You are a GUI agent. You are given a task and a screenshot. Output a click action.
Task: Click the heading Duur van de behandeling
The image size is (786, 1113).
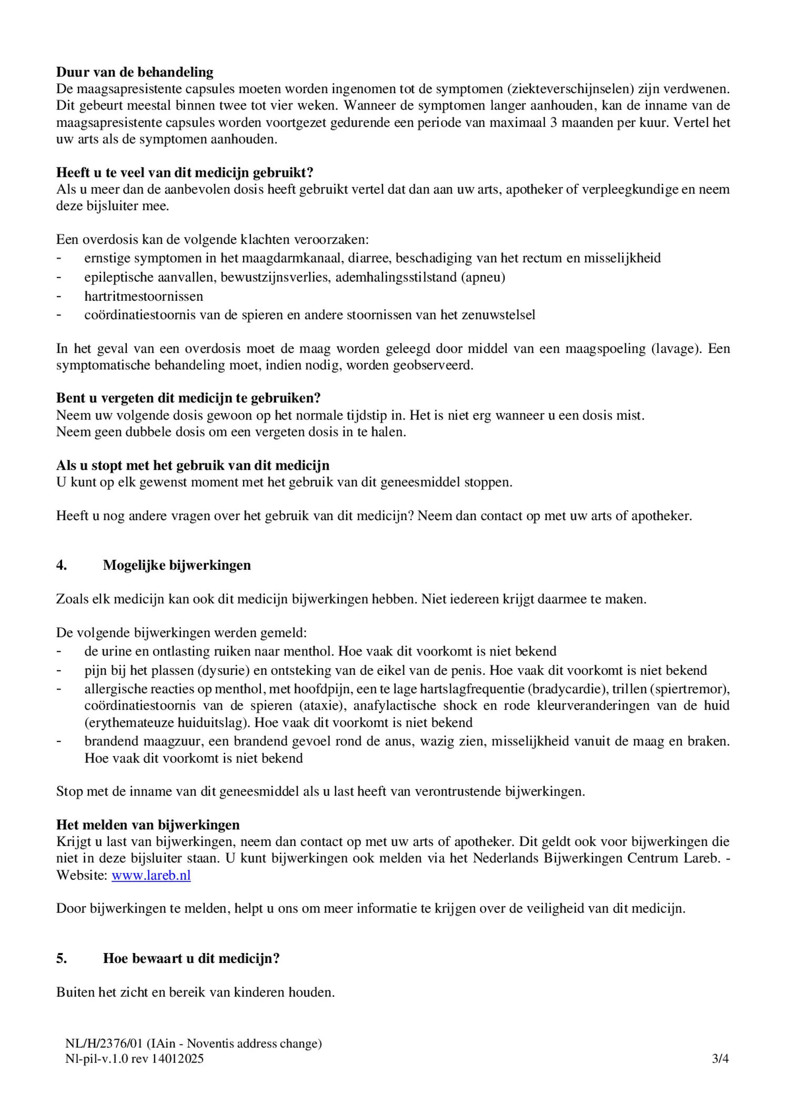pos(135,72)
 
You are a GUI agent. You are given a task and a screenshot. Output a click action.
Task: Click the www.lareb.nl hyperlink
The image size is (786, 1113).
pos(151,876)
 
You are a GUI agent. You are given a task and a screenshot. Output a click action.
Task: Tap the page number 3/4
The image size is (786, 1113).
pos(720,1058)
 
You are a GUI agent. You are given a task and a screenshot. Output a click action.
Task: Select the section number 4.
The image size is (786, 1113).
pos(62,565)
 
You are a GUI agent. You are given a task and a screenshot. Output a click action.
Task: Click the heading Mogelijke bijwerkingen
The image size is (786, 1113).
pos(177,565)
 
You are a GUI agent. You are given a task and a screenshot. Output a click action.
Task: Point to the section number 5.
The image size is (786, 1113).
pos(62,958)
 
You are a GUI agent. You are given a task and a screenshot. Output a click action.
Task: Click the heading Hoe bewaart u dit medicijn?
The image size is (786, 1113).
pos(191,958)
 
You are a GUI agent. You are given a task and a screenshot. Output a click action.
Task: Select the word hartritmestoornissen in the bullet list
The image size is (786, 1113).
pos(144,296)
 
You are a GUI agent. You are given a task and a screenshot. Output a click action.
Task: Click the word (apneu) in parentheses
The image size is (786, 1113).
pos(483,277)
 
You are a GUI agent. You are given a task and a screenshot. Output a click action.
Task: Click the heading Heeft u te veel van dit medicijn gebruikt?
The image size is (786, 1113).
pos(185,173)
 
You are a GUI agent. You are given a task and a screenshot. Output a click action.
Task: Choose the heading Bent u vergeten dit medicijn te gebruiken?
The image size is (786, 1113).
pos(188,398)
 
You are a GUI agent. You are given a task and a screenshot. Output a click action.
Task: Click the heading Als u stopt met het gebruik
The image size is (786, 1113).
pos(193,465)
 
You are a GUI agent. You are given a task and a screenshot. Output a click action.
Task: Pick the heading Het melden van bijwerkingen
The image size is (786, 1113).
pos(148,825)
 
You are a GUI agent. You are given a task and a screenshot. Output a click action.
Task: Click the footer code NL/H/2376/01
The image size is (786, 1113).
pos(104,1044)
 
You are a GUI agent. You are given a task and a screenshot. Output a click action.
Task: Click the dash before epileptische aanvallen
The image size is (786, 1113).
pos(59,277)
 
